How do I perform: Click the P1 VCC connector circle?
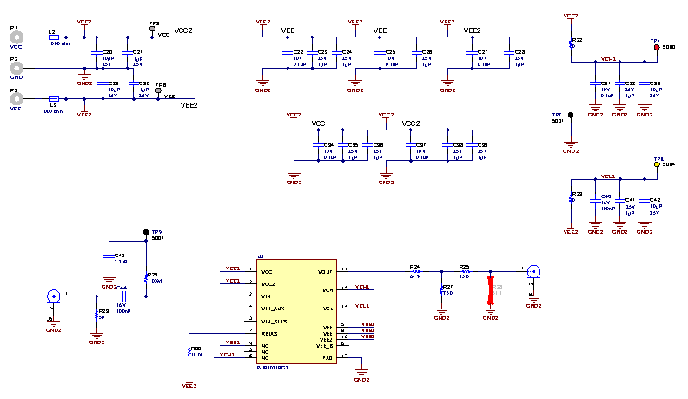(16, 37)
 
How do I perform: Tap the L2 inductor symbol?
(54, 37)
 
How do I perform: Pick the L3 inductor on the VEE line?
(54, 98)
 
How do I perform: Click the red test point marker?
(656, 48)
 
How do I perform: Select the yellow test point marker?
(656, 163)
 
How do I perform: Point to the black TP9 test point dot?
(146, 232)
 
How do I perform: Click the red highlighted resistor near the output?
(489, 289)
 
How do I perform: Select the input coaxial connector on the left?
(52, 296)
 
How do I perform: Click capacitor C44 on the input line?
(124, 296)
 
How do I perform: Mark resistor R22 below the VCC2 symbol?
(571, 43)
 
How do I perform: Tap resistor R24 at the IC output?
(414, 271)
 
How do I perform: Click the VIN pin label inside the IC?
(267, 296)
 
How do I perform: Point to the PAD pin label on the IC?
(327, 358)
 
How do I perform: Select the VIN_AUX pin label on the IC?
(273, 309)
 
